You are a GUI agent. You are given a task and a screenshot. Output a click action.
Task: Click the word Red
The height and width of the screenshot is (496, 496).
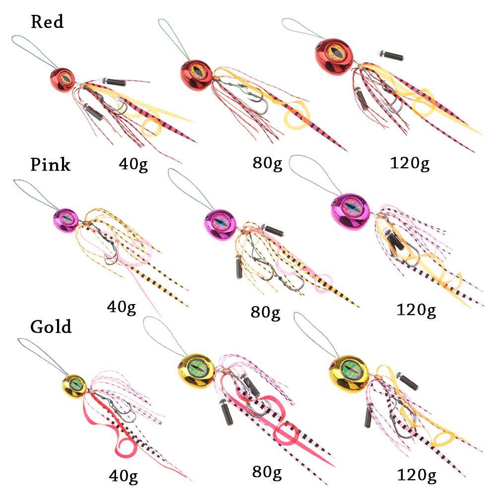pyautogui.click(x=47, y=22)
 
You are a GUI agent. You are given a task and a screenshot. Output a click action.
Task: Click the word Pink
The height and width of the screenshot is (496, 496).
pyautogui.click(x=51, y=164)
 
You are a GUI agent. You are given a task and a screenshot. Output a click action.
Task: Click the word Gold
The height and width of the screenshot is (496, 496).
pyautogui.click(x=51, y=326)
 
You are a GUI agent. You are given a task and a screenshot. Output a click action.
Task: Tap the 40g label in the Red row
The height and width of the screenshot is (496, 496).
pyautogui.click(x=133, y=164)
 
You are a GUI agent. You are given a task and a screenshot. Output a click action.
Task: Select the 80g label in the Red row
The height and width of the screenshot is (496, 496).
pyautogui.click(x=267, y=164)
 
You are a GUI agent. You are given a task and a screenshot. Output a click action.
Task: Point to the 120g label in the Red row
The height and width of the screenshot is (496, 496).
pyautogui.click(x=410, y=164)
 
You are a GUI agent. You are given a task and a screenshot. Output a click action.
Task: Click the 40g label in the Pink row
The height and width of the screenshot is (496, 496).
pyautogui.click(x=122, y=308)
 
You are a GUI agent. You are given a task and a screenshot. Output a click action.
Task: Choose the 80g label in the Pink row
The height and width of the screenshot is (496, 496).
pyautogui.click(x=265, y=312)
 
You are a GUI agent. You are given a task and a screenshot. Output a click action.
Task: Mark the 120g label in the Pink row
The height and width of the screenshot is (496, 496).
pyautogui.click(x=416, y=310)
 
